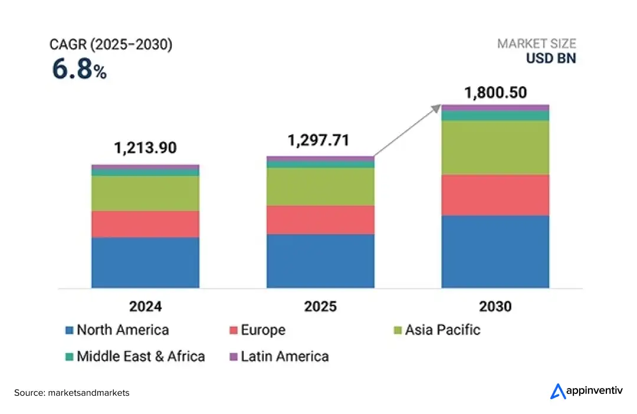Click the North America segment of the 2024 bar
click(x=145, y=262)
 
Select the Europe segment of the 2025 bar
click(x=320, y=220)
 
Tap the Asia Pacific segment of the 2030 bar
click(x=495, y=147)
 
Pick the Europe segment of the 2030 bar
click(x=495, y=195)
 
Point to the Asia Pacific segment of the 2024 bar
click(x=145, y=193)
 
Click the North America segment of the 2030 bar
click(x=495, y=252)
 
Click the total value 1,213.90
click(x=145, y=148)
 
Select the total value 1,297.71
click(x=318, y=140)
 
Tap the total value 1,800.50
click(x=495, y=93)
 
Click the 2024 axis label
click(x=145, y=307)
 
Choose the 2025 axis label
click(x=320, y=307)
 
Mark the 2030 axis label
click(x=495, y=307)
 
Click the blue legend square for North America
click(x=70, y=330)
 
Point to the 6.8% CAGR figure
click(x=79, y=70)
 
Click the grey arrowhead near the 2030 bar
click(x=436, y=108)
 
